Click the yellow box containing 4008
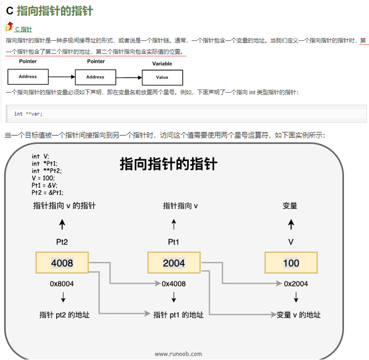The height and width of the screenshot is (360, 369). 62,263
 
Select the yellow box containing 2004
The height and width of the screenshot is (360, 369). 173,263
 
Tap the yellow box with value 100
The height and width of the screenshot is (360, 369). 291,263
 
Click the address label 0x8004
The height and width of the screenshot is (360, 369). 62,284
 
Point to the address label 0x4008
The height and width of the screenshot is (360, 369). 173,284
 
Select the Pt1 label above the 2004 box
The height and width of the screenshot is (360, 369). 174,241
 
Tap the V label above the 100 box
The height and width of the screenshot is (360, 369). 291,241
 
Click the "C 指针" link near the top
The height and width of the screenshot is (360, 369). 24,29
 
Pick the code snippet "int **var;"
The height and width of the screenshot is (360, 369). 28,114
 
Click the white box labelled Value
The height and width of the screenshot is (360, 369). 162,77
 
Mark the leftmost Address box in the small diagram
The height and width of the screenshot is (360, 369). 28,77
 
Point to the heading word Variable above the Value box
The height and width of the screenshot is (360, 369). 162,64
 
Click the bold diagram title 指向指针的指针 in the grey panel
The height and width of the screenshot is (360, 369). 168,164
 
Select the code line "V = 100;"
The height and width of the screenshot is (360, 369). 44,178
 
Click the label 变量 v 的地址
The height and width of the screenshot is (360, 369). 298,315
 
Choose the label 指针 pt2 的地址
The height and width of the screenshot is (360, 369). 64,315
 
